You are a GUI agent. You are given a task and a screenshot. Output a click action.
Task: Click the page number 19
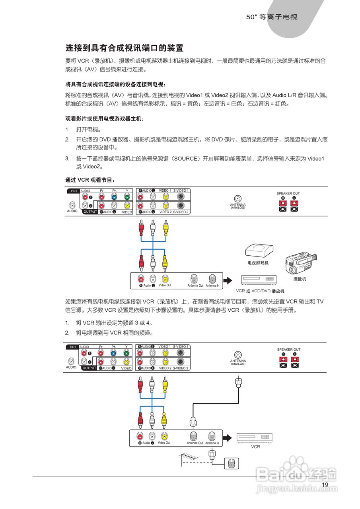pyautogui.click(x=325, y=484)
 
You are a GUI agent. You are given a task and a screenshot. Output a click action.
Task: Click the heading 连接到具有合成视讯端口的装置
pyautogui.click(x=125, y=49)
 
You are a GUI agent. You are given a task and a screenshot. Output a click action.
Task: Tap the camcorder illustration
pyautogui.click(x=300, y=263)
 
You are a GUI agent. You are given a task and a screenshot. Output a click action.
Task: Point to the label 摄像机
pyautogui.click(x=300, y=279)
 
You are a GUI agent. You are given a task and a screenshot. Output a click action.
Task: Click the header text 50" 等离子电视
pyautogui.click(x=272, y=17)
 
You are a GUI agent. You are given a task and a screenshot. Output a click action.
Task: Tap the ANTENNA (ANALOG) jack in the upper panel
pyautogui.click(x=238, y=199)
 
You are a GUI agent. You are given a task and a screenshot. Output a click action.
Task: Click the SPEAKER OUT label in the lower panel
pyautogui.click(x=288, y=350)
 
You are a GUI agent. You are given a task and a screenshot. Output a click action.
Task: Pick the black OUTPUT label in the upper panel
pyautogui.click(x=90, y=212)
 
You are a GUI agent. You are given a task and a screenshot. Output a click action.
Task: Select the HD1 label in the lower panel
pyautogui.click(x=73, y=347)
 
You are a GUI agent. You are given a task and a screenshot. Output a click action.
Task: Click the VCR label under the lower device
pyautogui.click(x=255, y=447)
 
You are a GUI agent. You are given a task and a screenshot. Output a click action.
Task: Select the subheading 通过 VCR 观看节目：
pyautogui.click(x=90, y=180)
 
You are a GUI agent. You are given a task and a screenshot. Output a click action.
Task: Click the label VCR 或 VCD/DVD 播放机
pyautogui.click(x=260, y=291)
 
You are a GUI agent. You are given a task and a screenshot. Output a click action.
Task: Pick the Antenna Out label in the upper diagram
pyautogui.click(x=195, y=286)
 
